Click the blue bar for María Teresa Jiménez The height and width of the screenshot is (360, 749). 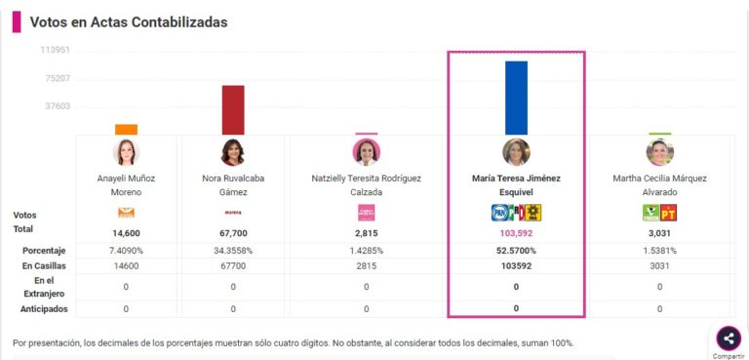pos(516,98)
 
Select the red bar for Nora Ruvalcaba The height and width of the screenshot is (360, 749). pos(233,109)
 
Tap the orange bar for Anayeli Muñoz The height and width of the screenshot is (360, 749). pos(126,129)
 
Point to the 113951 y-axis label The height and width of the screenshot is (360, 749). pos(55,50)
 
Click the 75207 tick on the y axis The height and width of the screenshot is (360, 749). pos(56,78)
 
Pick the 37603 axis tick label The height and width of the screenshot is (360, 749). pos(56,106)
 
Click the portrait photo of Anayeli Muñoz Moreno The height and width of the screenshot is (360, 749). pos(126,153)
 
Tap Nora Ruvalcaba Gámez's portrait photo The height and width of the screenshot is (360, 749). pos(233,153)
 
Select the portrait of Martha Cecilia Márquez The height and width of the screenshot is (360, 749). pos(659,153)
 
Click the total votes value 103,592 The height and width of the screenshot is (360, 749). pos(516,234)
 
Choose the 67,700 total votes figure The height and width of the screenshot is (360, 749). pos(233,234)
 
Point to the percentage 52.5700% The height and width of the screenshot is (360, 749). pos(516,251)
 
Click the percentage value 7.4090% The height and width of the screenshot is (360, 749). pos(126,251)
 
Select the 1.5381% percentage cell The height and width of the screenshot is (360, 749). pos(659,251)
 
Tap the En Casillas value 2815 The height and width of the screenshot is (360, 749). pos(366,265)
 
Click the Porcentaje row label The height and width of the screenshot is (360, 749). pos(35,251)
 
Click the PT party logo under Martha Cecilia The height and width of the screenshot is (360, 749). pos(668,213)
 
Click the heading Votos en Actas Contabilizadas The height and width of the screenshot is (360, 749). pos(129,21)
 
